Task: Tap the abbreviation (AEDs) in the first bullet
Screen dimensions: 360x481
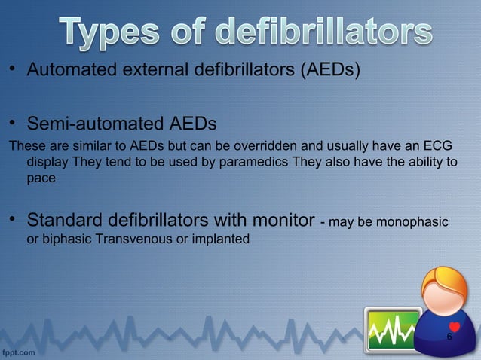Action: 332,71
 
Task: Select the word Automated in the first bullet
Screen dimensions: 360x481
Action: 66,71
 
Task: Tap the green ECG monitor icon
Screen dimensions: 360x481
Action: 392,329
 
